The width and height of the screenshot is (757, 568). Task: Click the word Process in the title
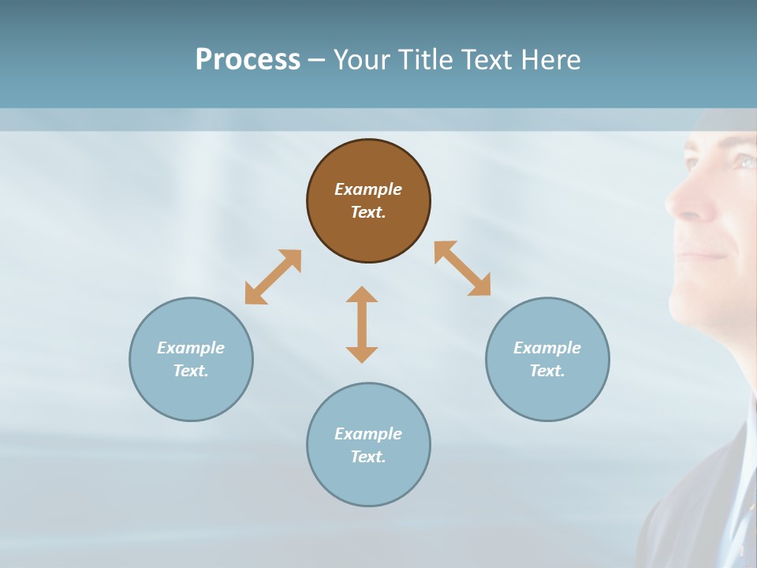[248, 60]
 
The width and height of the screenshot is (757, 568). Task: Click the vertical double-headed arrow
[362, 324]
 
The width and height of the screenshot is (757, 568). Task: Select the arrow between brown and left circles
[273, 276]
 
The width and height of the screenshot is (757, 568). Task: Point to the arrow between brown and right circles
[462, 268]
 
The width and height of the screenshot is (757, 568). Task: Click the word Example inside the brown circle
[368, 189]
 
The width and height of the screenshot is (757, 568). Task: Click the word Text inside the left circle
[191, 371]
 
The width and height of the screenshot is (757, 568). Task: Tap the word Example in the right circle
[547, 348]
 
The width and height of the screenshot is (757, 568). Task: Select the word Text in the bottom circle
[368, 457]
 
